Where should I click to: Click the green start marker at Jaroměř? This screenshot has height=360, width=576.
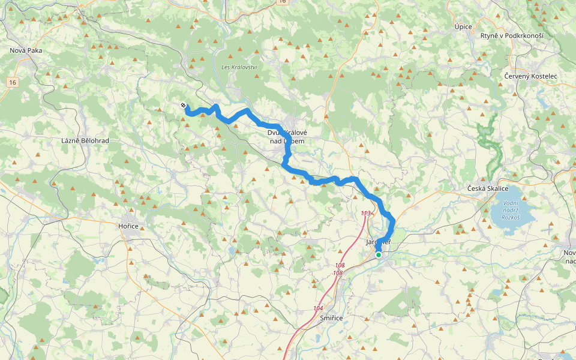[x=379, y=255]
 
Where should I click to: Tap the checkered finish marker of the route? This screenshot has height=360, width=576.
[x=183, y=106]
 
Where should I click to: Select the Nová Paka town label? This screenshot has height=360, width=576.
[x=26, y=50]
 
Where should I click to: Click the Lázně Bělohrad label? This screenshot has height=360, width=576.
[x=85, y=140]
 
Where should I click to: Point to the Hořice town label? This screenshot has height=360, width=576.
[x=128, y=226]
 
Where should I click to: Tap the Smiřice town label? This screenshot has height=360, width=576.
[x=331, y=318]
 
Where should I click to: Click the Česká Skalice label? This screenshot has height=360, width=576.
[x=488, y=189]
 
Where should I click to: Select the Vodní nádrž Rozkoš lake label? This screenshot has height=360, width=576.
[x=503, y=210]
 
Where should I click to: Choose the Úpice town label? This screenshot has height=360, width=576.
[x=463, y=27]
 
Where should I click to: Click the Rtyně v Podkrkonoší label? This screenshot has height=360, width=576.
[x=512, y=36]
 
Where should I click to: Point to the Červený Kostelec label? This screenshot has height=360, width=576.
[x=530, y=77]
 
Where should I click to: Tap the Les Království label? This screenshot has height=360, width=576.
[x=239, y=67]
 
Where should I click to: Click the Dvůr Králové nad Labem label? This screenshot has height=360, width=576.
[x=287, y=137]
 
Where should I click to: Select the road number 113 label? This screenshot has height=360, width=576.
[x=366, y=214]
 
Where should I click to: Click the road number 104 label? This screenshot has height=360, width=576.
[x=318, y=308]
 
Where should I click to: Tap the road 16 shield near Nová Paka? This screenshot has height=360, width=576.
[x=12, y=82]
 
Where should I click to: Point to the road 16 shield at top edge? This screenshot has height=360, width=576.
[x=283, y=2]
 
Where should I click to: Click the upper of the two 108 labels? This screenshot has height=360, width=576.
[x=340, y=265]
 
